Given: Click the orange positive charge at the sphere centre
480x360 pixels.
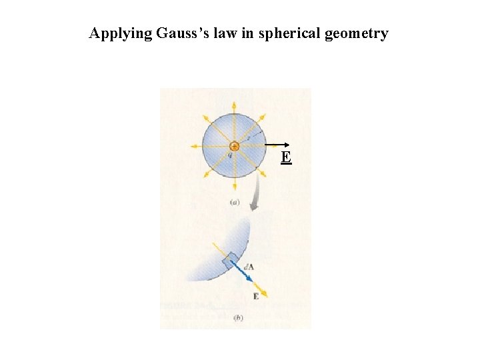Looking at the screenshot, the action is [x=234, y=146].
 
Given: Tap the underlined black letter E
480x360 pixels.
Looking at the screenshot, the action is [x=285, y=157].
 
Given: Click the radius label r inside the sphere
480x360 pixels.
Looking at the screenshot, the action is [x=249, y=139].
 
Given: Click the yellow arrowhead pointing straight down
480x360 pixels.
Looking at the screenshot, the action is [x=234, y=187].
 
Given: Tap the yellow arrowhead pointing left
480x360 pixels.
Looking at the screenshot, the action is [x=193, y=146].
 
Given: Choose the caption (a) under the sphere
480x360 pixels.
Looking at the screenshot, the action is [x=234, y=201].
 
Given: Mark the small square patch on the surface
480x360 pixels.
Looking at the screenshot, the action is [x=230, y=261].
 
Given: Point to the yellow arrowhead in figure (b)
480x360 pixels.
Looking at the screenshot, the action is [x=265, y=293].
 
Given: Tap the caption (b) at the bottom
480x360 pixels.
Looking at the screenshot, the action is [x=238, y=318].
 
